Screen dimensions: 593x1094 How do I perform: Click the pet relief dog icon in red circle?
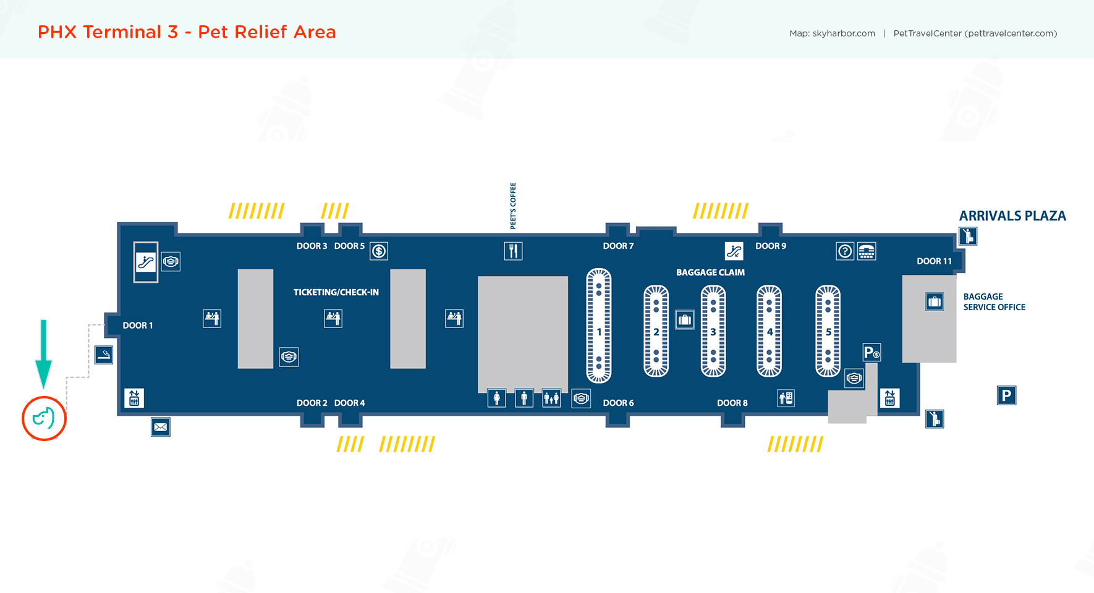pos(44,418)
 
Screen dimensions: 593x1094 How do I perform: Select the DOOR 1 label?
pos(137,326)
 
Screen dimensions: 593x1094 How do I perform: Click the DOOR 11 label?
pos(934,261)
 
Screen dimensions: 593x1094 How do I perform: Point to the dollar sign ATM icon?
pos(379,251)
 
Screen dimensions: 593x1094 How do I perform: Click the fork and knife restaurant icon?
pos(513,251)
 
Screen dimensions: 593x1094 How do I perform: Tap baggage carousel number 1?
pos(598,326)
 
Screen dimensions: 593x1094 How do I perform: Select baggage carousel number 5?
pos(828,331)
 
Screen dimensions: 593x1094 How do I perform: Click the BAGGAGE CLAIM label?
pos(710,272)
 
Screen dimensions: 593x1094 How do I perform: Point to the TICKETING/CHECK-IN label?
pos(336,292)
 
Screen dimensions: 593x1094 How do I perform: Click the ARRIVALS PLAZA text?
pos(1012,216)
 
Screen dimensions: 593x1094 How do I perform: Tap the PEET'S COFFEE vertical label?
pos(513,206)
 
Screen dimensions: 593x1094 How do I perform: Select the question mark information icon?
pos(844,251)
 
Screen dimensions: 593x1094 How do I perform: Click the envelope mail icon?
pos(161,427)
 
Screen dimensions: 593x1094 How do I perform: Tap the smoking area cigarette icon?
pos(104,355)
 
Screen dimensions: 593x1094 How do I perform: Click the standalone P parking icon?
pos(1006,395)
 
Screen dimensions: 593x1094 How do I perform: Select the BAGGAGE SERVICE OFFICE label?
pos(994,302)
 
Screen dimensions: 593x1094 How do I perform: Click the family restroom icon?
pos(551,398)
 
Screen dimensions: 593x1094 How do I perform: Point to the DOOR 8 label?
pos(732,403)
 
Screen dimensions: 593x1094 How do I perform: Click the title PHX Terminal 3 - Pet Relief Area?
pos(187,32)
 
